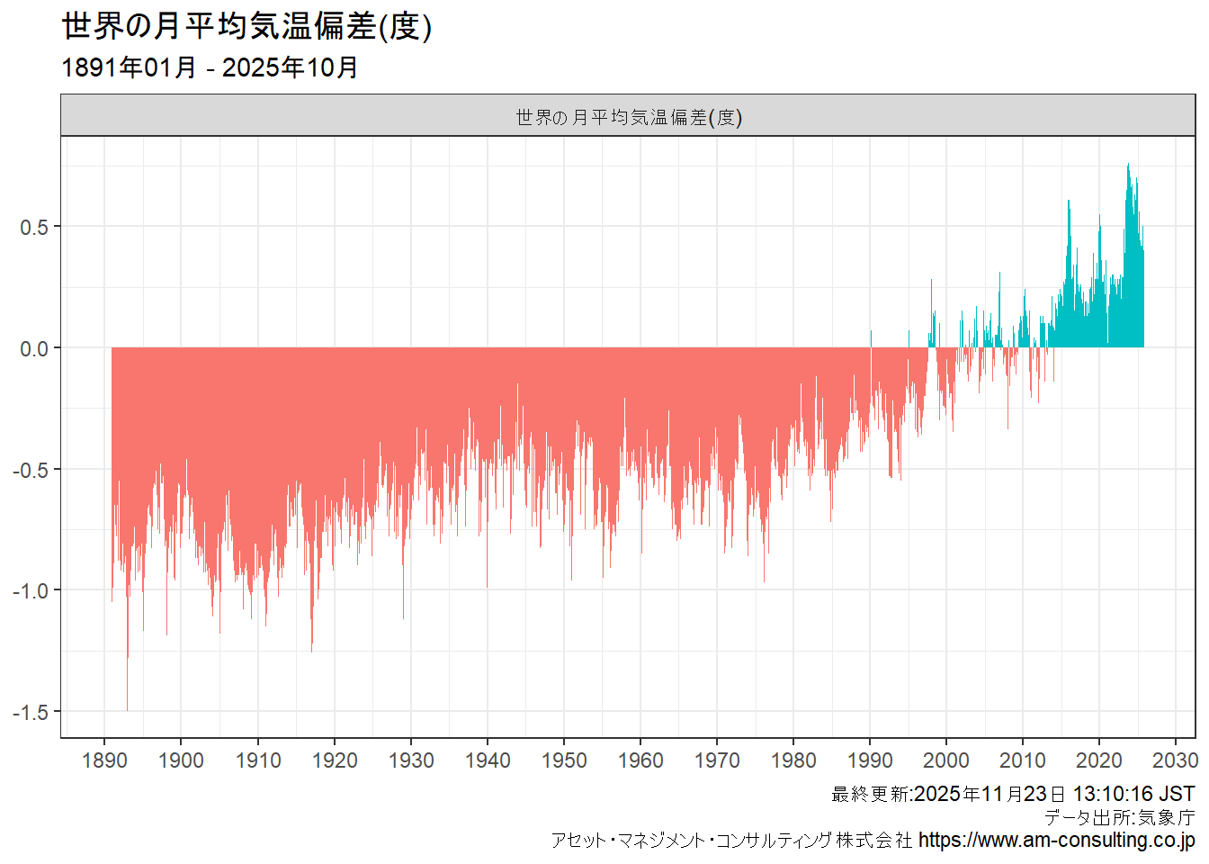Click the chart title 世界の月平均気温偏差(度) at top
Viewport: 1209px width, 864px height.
pyautogui.click(x=246, y=26)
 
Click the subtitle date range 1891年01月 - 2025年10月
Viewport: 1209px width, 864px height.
pyautogui.click(x=210, y=67)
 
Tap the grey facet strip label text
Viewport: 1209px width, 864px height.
pyautogui.click(x=628, y=117)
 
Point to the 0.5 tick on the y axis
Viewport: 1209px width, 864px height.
pyautogui.click(x=34, y=227)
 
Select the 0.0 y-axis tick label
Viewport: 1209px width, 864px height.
pyautogui.click(x=34, y=348)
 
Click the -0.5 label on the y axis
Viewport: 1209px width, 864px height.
pyautogui.click(x=31, y=470)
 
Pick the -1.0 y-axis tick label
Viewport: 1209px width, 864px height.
pyautogui.click(x=31, y=591)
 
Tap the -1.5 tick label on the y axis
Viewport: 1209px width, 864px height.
pyautogui.click(x=31, y=712)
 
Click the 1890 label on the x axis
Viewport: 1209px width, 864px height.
pyautogui.click(x=104, y=760)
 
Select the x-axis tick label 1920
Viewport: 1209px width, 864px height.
pyautogui.click(x=335, y=760)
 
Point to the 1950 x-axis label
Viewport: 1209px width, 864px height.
pyautogui.click(x=564, y=760)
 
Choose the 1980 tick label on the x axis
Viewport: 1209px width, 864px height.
pyautogui.click(x=793, y=760)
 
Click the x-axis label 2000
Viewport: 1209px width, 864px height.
pyautogui.click(x=946, y=760)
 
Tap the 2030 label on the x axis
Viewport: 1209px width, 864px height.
pyautogui.click(x=1176, y=760)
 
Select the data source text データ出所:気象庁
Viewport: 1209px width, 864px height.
pyautogui.click(x=1119, y=817)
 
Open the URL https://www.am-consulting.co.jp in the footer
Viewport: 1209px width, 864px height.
pyautogui.click(x=1056, y=841)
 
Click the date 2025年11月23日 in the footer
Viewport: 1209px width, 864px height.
pyautogui.click(x=990, y=794)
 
